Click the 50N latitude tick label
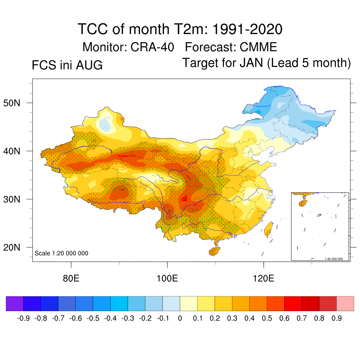click(x=12, y=103)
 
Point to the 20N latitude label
click(x=12, y=247)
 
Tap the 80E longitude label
click(x=71, y=278)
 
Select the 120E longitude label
click(x=263, y=278)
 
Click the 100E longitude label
click(x=167, y=278)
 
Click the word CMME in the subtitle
click(x=258, y=47)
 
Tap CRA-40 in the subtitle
click(x=152, y=47)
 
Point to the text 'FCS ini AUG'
click(x=67, y=65)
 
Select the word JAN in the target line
click(x=251, y=63)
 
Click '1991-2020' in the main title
click(x=247, y=29)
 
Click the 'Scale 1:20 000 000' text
click(x=61, y=253)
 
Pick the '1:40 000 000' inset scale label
click(x=334, y=259)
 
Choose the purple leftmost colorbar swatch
click(x=15, y=303)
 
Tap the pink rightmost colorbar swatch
click(x=345, y=303)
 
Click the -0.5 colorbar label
click(x=93, y=318)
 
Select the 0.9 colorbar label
click(x=336, y=318)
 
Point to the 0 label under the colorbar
click(x=180, y=318)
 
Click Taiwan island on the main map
click(x=268, y=229)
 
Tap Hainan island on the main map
click(x=214, y=251)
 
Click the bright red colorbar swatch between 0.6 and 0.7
click(x=293, y=303)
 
